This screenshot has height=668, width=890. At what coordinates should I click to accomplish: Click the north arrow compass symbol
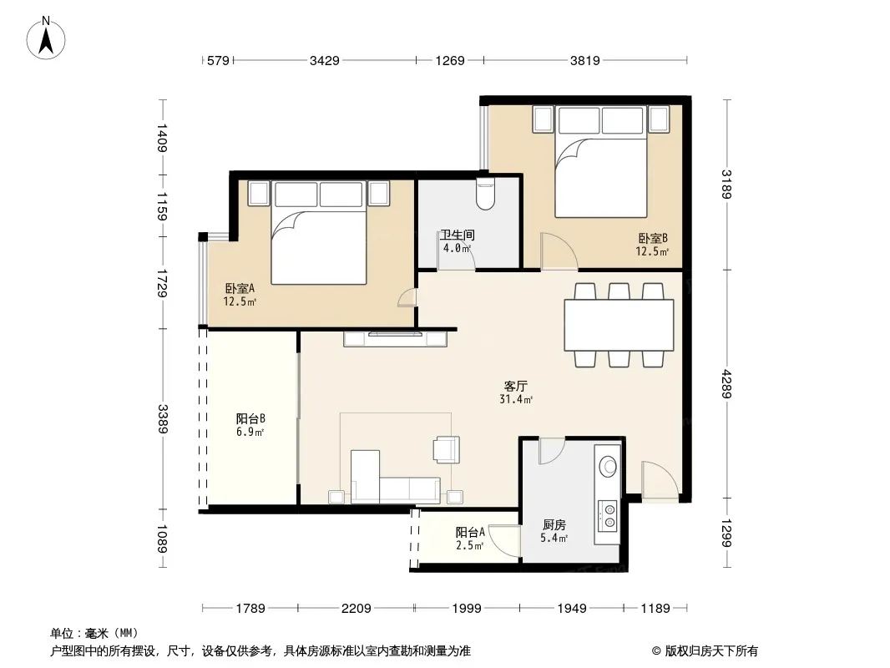pos(46,38)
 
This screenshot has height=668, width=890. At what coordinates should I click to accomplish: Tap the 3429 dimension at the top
pos(325,60)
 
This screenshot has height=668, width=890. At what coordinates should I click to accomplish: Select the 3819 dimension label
pos(585,60)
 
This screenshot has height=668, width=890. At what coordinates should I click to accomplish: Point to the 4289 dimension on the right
pos(726,384)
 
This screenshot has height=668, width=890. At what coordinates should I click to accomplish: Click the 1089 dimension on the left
pos(163,539)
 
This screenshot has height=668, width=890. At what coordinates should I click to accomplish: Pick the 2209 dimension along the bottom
pos(357,609)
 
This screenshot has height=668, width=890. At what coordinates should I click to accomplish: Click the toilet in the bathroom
pos(486,194)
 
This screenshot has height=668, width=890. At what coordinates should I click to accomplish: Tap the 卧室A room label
pos(240,288)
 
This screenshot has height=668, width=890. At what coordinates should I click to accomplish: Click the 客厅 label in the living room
pos(515,386)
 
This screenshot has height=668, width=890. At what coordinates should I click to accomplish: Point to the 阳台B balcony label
pos(250,419)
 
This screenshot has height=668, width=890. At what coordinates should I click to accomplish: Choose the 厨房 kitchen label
pos(554,525)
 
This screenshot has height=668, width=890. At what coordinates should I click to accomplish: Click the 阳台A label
pos(470,533)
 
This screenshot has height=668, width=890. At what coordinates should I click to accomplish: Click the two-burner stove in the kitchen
pos(608,515)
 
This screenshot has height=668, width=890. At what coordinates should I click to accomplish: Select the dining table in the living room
pos(619,325)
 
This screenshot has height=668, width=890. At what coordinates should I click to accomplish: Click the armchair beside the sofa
pos(446,449)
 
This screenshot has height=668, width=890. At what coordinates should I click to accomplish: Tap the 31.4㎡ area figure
pos(516,400)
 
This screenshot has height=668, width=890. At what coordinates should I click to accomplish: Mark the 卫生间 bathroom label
pos(458,235)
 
